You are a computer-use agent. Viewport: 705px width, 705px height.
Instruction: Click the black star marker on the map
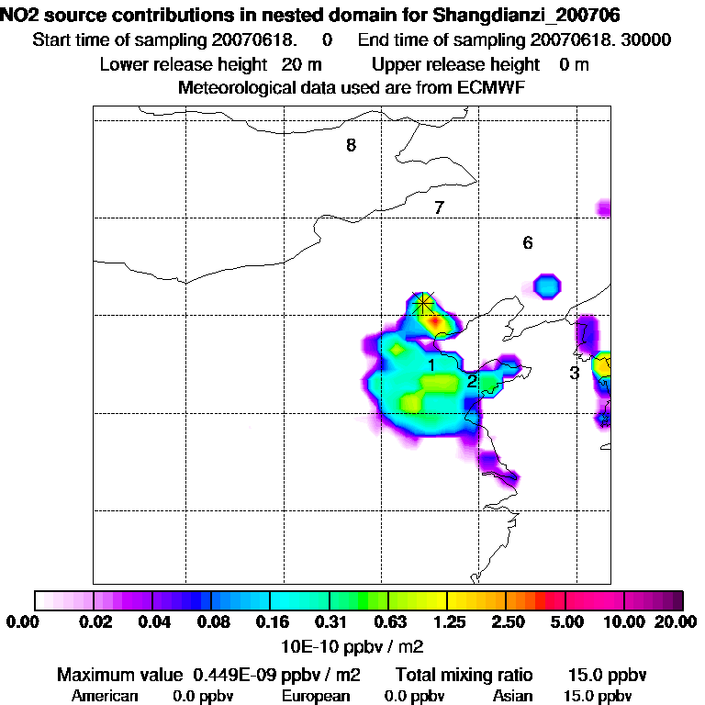pos(423,303)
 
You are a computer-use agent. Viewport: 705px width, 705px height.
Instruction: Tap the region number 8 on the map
pos(351,145)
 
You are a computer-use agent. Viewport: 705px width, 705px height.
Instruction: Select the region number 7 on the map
pos(439,207)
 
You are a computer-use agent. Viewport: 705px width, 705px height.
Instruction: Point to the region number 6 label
pos(527,243)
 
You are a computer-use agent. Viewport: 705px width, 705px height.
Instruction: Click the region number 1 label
pos(430,365)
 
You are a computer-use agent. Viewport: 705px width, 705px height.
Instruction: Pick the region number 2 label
pos(471,381)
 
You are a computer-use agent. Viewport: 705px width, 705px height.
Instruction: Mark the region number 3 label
pos(574,373)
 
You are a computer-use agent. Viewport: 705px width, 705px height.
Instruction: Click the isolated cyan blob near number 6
pos(547,285)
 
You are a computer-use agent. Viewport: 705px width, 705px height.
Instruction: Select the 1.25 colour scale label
pos(446,621)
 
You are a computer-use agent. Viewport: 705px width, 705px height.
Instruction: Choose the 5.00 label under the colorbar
pos(565,621)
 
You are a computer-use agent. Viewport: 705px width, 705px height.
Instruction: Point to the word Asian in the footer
pos(512,696)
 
